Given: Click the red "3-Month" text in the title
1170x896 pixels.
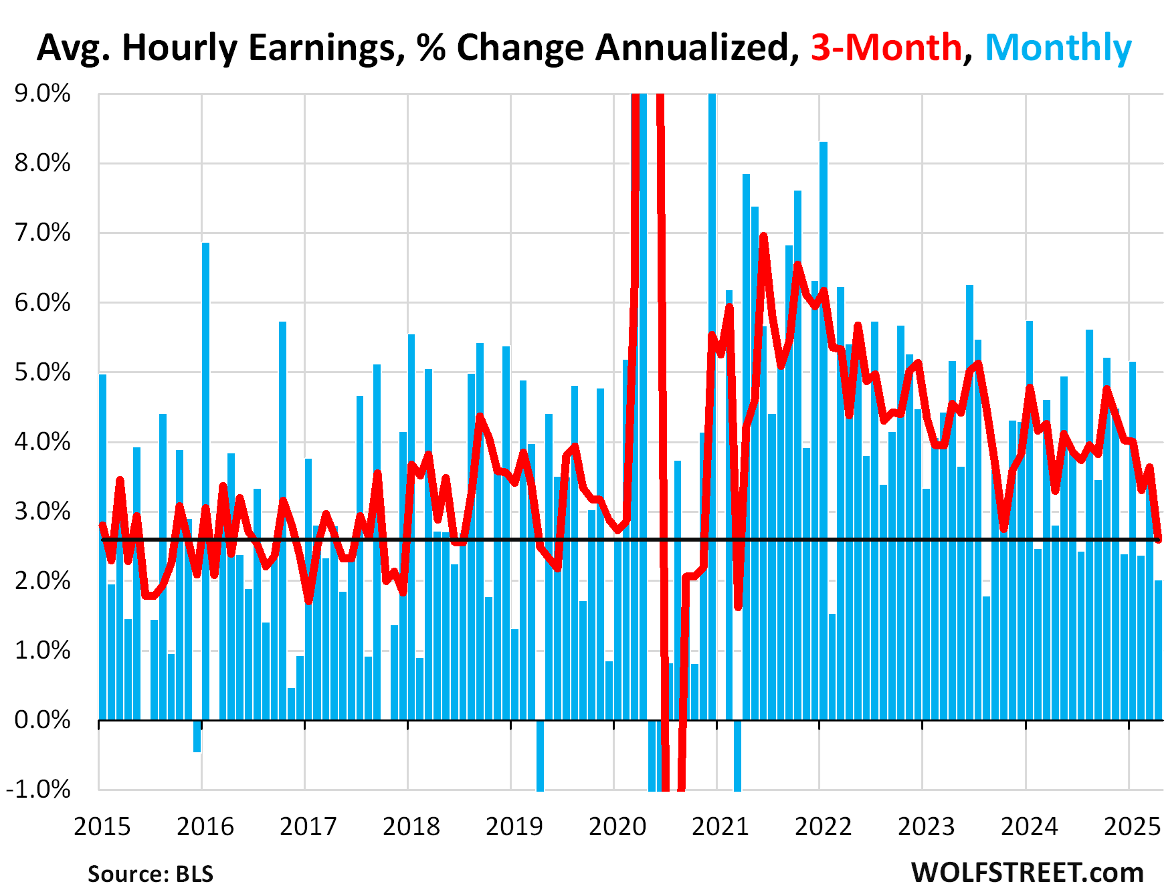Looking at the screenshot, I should coord(886,48).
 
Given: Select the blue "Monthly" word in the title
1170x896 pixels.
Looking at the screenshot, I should coord(1058,48).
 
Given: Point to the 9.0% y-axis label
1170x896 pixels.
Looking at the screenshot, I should coord(42,94).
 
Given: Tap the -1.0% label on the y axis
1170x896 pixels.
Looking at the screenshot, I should coord(38,789).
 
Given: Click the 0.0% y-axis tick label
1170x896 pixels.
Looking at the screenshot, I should coord(42,719).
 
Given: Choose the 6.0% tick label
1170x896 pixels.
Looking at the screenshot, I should coord(42,302).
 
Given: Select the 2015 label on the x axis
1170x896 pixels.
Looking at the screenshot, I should coord(102,826).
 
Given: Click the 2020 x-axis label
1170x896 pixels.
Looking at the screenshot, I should coord(617,826).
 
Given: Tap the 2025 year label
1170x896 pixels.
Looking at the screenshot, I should coord(1132,826).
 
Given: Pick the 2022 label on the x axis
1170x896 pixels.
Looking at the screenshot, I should coord(823,826).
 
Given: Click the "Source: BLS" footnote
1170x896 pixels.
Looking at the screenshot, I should coord(151,873).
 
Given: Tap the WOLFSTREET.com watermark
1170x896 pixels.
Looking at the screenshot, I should coord(1027,872).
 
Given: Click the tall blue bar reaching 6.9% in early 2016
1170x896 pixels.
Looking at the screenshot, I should coord(205,481).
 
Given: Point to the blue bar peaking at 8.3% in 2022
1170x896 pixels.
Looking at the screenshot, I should coord(823,428).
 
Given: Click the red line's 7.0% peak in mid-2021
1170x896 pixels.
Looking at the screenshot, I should coord(763,237).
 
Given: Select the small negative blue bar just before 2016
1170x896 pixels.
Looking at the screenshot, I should coord(197,736).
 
